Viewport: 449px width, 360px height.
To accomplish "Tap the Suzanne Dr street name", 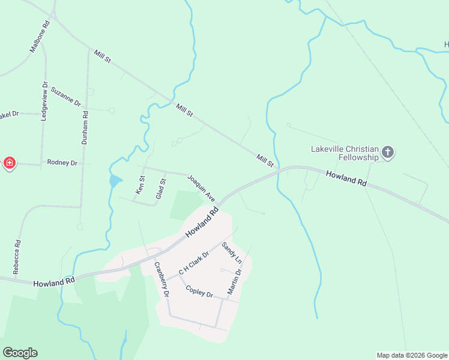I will (x=65, y=96).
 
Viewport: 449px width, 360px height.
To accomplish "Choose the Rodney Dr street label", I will (x=63, y=163).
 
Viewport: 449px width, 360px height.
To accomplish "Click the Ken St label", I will (x=140, y=185).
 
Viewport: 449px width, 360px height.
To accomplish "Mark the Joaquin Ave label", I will (x=200, y=188).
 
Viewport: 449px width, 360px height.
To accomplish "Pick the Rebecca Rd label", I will (x=17, y=257).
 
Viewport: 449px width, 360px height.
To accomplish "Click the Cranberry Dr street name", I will (x=161, y=280).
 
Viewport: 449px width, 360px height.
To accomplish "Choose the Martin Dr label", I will (x=234, y=281).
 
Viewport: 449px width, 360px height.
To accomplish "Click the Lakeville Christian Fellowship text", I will (x=345, y=153).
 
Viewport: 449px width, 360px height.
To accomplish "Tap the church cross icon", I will (x=388, y=152).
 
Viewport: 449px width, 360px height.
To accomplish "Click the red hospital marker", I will (x=10, y=163).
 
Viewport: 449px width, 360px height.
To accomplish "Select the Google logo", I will (x=20, y=353).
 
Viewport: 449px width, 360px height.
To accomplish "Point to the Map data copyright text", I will (x=412, y=355).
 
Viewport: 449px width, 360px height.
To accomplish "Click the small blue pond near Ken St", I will (x=115, y=180).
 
